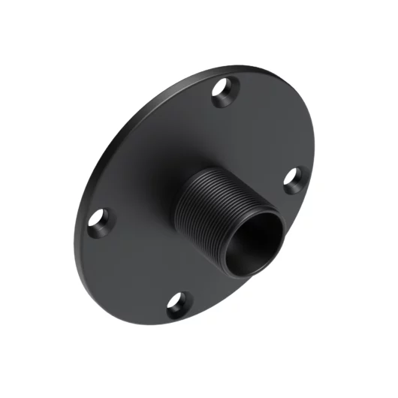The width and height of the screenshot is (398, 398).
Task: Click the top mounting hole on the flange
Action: (x=223, y=93)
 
